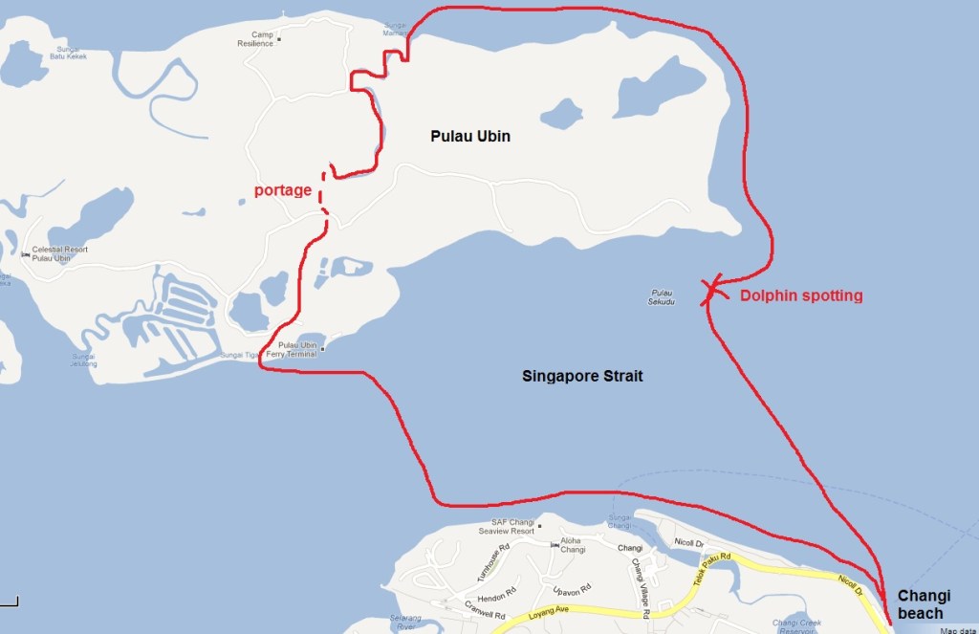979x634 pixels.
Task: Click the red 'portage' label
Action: coord(283,190)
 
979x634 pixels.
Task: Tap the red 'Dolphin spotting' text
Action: coord(801,296)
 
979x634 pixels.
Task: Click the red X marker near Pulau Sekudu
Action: coord(711,290)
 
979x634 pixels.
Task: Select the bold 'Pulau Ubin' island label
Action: coord(470,137)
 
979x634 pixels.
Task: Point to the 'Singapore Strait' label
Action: coord(582,377)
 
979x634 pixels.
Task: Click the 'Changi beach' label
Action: coord(924,604)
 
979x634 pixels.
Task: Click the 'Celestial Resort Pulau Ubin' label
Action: coord(59,253)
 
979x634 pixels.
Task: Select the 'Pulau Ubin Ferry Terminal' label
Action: coord(297,349)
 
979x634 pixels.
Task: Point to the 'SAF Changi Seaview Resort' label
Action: coord(507,527)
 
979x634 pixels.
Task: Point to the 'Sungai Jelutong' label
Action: coord(83,360)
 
